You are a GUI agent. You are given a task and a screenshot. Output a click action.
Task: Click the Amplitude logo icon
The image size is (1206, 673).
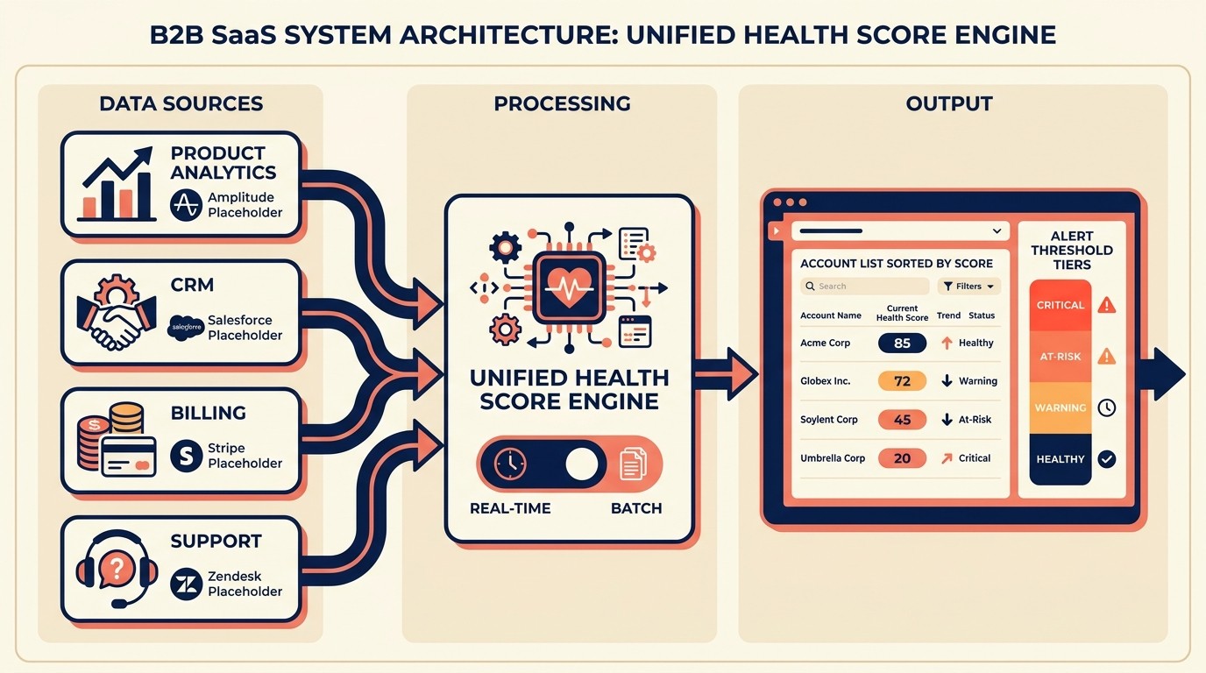tap(186, 205)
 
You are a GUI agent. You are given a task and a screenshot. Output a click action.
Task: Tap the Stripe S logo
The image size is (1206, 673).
tap(186, 456)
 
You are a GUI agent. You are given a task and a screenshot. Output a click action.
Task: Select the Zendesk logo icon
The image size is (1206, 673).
tap(186, 584)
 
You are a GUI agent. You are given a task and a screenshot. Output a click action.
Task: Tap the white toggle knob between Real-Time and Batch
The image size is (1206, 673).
tap(581, 464)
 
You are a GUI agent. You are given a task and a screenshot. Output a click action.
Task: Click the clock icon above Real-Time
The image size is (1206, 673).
tap(509, 464)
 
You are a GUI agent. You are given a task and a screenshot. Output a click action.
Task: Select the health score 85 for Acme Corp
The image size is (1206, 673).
tap(902, 343)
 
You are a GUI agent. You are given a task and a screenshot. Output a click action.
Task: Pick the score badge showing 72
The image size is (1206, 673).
tap(902, 381)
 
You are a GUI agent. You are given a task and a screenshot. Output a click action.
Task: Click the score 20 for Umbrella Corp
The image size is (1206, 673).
tap(902, 458)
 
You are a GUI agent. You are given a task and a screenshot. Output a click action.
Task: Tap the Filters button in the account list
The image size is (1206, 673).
tap(968, 287)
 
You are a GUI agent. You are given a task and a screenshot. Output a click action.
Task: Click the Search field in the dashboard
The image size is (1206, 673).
tap(864, 287)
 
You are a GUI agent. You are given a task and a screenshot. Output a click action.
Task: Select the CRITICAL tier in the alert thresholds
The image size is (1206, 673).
tap(1061, 305)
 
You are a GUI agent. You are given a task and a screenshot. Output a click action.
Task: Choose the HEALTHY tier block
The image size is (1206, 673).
tap(1061, 459)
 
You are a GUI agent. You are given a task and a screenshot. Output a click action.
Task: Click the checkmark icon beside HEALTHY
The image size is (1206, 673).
tap(1107, 458)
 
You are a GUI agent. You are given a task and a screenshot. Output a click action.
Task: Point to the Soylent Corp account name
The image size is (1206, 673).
tap(829, 420)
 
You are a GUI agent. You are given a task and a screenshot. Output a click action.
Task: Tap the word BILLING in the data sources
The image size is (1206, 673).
tap(209, 413)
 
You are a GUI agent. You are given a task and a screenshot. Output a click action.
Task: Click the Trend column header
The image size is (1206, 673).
tap(948, 315)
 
